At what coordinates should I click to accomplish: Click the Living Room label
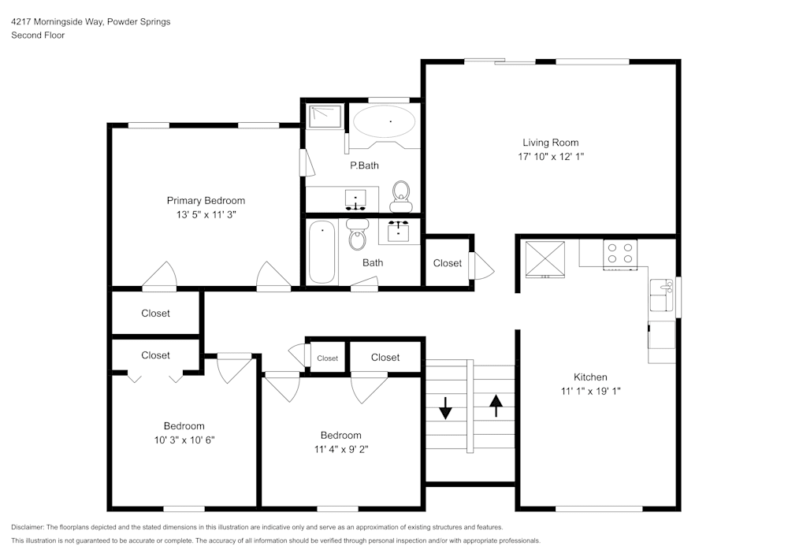point(550,143)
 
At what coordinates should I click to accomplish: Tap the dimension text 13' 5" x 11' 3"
point(205,214)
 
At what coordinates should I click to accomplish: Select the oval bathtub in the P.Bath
point(384,122)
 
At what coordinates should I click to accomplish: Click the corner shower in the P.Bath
point(322,116)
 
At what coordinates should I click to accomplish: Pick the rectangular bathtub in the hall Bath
point(322,253)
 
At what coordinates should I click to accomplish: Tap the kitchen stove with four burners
point(620,253)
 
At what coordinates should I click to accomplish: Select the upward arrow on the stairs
point(496,405)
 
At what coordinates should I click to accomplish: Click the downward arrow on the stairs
point(445,407)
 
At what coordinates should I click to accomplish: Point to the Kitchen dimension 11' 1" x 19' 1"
point(590,391)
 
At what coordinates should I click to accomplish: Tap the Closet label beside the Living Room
point(448,263)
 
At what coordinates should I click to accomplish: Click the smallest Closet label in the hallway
point(328,358)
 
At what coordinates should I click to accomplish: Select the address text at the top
point(91,22)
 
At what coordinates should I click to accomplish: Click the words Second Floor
point(38,35)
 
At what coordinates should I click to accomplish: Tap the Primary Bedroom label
point(206,200)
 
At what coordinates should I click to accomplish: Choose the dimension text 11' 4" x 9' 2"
point(340,449)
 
